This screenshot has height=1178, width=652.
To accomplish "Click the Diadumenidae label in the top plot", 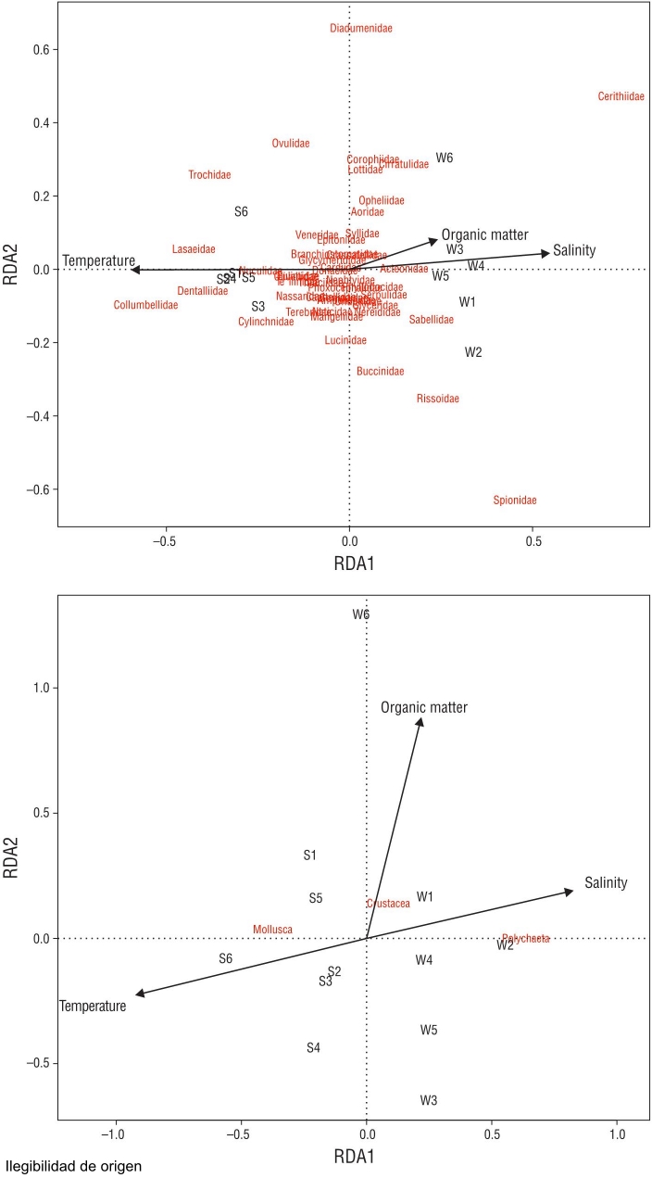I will pos(361,29).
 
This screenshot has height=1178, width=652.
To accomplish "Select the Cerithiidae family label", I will pos(621,96).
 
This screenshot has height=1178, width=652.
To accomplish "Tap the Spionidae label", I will pos(515,500).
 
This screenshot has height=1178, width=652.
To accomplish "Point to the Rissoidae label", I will pos(438,399).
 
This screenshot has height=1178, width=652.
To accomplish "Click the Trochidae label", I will pos(209,175).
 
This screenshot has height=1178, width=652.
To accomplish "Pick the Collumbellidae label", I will pos(145,305).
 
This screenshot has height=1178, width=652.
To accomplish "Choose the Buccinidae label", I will pos(380,372).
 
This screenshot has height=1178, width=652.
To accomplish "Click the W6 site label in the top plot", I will pos(445,158).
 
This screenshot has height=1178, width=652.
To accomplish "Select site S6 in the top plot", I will pos(241,211).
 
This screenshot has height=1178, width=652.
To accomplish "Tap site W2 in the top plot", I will pos(473,352).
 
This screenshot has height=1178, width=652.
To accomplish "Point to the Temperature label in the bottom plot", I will pos(93,1007).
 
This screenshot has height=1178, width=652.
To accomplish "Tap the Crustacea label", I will pos(388,904).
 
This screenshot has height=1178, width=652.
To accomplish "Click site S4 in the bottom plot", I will pos(313,1047).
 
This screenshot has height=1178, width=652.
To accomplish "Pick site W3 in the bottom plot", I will pos(428,1100).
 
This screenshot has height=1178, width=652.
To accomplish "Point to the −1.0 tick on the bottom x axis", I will pos(115,1134).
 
